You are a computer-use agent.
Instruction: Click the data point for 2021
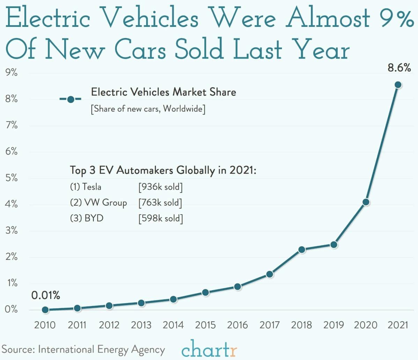(x=398, y=85)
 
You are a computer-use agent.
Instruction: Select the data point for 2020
(x=366, y=202)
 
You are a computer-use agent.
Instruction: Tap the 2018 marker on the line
(x=302, y=249)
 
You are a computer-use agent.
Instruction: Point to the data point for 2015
(x=206, y=292)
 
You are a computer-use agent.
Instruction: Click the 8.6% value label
(x=399, y=68)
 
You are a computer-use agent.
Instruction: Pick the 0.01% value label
(x=46, y=295)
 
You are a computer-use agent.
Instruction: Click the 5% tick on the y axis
(x=12, y=178)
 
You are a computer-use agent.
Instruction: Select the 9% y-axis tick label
(x=12, y=73)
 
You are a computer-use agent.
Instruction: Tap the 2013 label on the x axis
(x=141, y=325)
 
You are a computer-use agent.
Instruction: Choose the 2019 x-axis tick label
(x=334, y=325)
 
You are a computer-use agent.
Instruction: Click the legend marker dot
(x=70, y=99)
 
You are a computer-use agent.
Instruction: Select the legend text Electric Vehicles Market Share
(x=163, y=92)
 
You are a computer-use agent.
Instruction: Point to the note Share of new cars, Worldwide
(x=148, y=109)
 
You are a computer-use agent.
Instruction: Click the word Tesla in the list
(x=92, y=187)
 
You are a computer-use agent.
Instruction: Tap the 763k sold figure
(x=160, y=203)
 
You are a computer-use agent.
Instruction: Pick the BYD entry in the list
(x=94, y=218)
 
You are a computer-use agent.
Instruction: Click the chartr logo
(x=209, y=349)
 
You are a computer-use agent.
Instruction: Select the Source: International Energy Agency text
(x=83, y=350)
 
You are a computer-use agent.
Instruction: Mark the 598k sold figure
(x=160, y=218)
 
